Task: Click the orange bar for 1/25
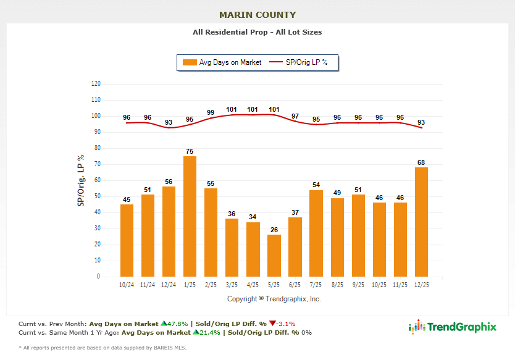[190, 216]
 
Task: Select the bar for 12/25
[421, 222]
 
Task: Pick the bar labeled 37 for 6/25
[295, 247]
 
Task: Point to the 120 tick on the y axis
[96, 83]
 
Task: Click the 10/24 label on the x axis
[127, 285]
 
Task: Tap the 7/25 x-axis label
[316, 285]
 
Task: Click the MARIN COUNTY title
[257, 15]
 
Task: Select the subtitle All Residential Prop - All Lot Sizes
[257, 31]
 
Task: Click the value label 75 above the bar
[190, 151]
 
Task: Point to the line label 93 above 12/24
[169, 122]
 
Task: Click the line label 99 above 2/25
[211, 113]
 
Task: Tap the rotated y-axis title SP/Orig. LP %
[81, 180]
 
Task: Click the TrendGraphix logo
[453, 327]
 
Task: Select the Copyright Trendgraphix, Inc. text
[274, 299]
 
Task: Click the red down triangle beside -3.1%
[272, 323]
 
